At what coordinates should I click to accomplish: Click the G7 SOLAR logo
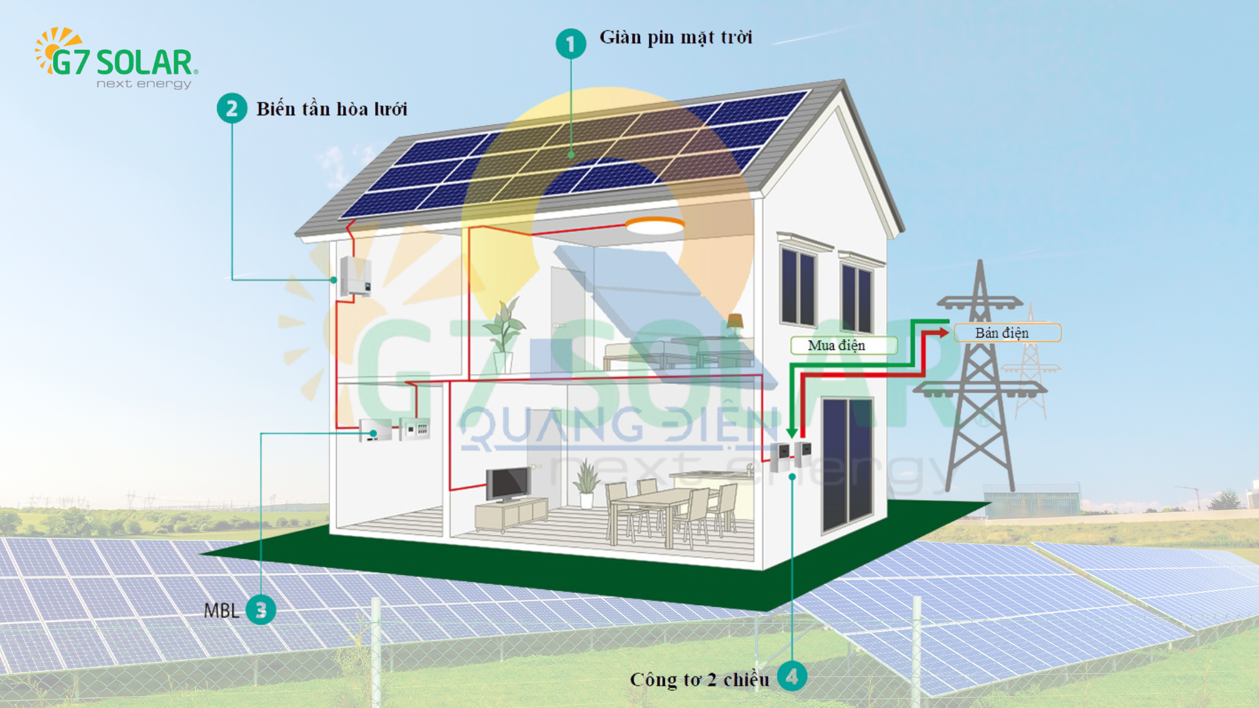116,58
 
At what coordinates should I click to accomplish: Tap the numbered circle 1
570,44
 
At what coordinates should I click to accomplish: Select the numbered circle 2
232,108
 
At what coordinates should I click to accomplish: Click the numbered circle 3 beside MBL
261,610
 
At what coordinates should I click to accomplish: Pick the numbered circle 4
792,677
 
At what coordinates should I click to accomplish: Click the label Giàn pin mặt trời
675,38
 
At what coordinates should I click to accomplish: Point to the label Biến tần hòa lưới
332,109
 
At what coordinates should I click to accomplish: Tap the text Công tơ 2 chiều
700,680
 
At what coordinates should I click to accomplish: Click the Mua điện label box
843,345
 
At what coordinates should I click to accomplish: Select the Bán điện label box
1007,332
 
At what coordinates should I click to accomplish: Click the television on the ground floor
507,484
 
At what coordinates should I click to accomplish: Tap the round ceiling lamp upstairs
654,226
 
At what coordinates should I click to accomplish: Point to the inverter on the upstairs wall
355,276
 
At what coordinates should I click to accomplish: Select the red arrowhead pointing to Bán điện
943,332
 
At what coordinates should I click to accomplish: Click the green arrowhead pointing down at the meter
792,433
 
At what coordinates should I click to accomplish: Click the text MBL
222,611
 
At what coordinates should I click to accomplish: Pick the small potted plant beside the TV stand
586,485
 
